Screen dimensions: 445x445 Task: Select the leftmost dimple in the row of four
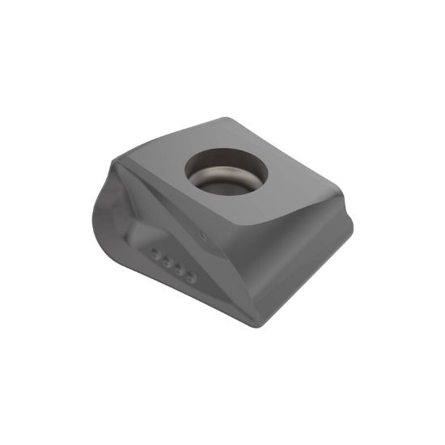(156, 253)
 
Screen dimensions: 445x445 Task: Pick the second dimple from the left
(167, 261)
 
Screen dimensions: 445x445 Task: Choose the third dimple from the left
(179, 269)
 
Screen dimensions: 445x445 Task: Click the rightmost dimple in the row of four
(191, 277)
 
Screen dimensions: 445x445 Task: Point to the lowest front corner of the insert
(263, 324)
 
